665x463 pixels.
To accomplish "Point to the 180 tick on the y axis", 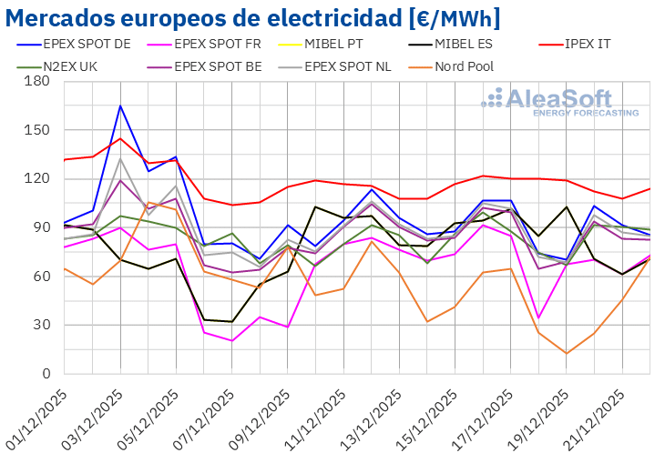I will [37, 81].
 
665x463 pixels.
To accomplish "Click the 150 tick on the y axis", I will [37, 130].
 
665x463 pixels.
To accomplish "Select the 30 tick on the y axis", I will [41, 325].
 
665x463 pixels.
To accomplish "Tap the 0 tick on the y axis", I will [45, 374].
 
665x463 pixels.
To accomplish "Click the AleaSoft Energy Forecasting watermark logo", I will [561, 102].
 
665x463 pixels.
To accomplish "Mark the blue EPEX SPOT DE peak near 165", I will [120, 106].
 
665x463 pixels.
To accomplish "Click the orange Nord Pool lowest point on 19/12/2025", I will [567, 354].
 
